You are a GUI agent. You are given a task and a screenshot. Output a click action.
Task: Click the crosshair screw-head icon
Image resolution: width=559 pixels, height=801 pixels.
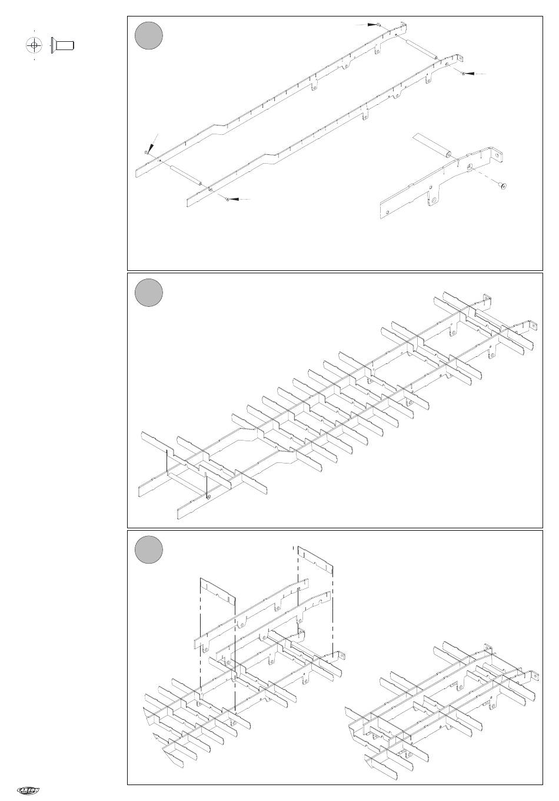35,45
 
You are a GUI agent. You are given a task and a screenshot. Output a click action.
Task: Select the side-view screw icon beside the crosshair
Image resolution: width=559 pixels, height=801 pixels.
62,45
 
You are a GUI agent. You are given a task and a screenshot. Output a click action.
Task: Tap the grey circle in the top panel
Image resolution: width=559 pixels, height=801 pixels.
148,35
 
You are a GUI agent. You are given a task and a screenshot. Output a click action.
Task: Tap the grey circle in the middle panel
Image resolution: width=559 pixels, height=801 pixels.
148,293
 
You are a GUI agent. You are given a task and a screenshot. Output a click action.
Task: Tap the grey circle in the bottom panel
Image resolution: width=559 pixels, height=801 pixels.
148,550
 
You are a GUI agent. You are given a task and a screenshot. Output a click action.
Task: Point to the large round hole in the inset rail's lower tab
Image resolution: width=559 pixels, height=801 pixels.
434,200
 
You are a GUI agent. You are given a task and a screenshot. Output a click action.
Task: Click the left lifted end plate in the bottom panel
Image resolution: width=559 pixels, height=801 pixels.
217,590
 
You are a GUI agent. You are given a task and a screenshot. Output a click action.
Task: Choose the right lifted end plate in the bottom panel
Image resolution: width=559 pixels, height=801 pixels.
315,560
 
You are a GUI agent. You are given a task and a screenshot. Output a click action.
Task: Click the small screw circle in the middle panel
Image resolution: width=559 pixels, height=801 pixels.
209,497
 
